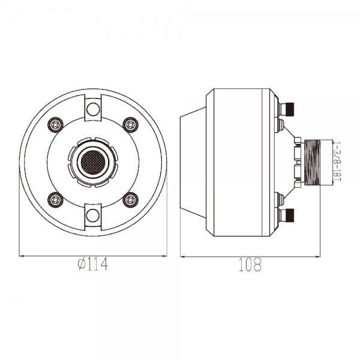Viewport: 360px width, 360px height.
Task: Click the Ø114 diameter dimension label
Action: click(93, 264)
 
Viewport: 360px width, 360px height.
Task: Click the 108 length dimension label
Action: click(250, 264)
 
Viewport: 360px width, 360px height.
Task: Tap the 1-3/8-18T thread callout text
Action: click(337, 161)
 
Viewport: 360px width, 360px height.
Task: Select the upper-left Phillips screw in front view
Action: click(55, 125)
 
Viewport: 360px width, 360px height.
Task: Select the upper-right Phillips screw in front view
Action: click(131, 125)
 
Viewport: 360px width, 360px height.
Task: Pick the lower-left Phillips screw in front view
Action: click(55, 200)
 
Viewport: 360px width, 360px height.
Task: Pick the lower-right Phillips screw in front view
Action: click(131, 200)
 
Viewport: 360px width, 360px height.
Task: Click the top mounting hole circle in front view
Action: click(93, 109)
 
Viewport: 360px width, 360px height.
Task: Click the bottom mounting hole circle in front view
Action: click(93, 215)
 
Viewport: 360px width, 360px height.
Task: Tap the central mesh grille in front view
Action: click(93, 163)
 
